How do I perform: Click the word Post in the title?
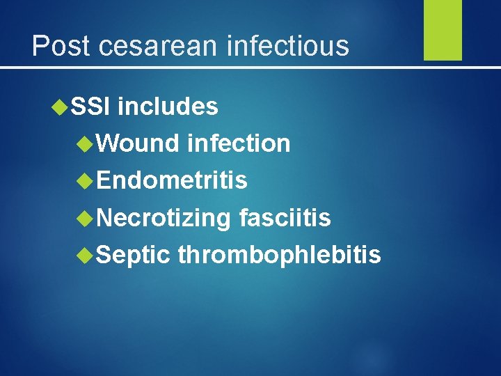pyautogui.click(x=61, y=46)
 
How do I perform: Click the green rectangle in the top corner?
pyautogui.click(x=443, y=30)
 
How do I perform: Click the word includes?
pyautogui.click(x=168, y=107)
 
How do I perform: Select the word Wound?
pyautogui.click(x=138, y=143)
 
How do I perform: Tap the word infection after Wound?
pyautogui.click(x=239, y=143)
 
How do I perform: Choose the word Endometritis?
pyautogui.click(x=172, y=180)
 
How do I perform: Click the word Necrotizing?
pyautogui.click(x=164, y=218)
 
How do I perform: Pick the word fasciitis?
pyautogui.click(x=285, y=218)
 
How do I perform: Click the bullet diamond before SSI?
pyautogui.click(x=60, y=107)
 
